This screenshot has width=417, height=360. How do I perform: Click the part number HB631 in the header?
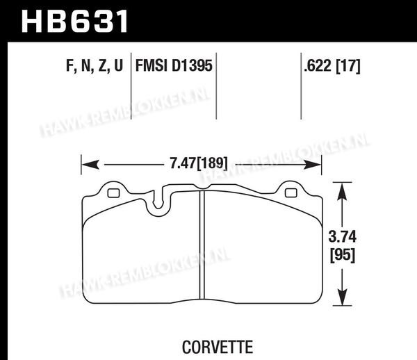click(74, 22)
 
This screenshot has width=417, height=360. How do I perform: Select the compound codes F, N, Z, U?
click(95, 65)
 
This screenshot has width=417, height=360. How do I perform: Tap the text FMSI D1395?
click(174, 65)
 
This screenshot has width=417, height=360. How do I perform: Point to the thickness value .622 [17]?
click(332, 65)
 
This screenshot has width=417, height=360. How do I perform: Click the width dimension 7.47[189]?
click(199, 163)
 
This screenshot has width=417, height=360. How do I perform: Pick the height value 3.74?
click(342, 236)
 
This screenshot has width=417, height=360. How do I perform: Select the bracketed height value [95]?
click(343, 255)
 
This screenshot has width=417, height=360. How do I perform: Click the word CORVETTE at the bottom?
click(218, 347)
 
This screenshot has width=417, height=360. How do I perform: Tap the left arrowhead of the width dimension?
click(90, 165)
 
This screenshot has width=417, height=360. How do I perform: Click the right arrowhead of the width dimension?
click(312, 165)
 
